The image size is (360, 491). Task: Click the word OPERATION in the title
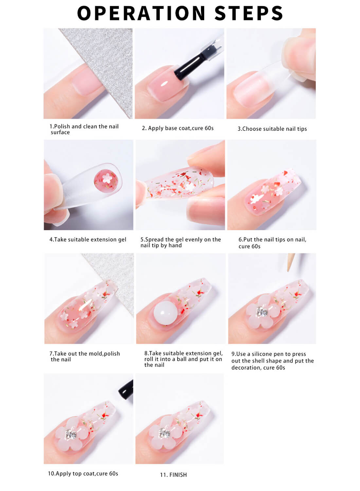point(141,13)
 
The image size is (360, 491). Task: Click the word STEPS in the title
point(249,13)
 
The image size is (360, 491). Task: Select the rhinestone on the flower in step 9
point(262,311)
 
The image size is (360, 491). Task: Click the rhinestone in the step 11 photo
point(163,433)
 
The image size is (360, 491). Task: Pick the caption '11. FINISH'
point(173,475)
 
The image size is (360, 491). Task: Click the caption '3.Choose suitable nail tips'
point(272,129)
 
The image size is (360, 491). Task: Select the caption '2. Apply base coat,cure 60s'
point(177,128)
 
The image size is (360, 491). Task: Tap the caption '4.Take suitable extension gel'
point(88,239)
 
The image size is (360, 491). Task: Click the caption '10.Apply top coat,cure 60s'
point(83,473)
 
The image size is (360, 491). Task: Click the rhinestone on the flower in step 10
point(71,434)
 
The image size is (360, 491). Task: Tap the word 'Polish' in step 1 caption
point(62,126)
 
